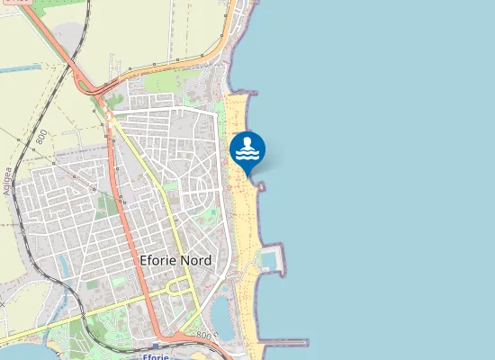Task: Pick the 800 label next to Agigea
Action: [41, 138]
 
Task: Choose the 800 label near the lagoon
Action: [205, 336]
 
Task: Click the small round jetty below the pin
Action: [262, 186]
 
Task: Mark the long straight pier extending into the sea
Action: [286, 342]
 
